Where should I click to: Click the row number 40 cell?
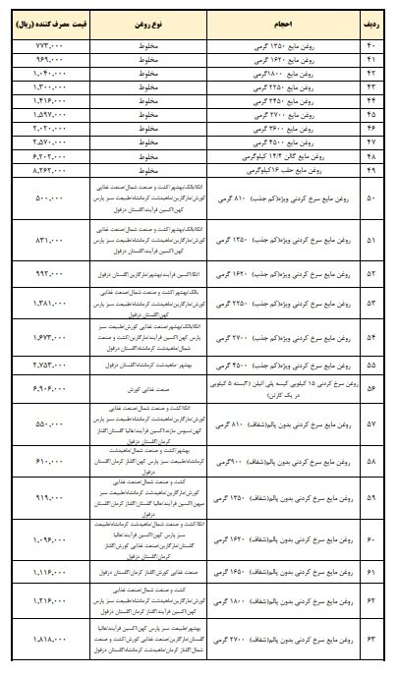click(x=372, y=46)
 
